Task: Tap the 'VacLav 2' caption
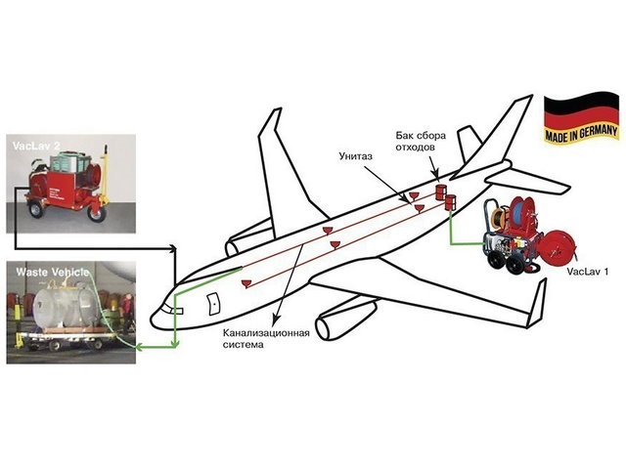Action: click(x=35, y=146)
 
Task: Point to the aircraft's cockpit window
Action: click(x=175, y=309)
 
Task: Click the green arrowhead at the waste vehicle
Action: click(x=138, y=346)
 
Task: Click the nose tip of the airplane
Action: click(x=153, y=320)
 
